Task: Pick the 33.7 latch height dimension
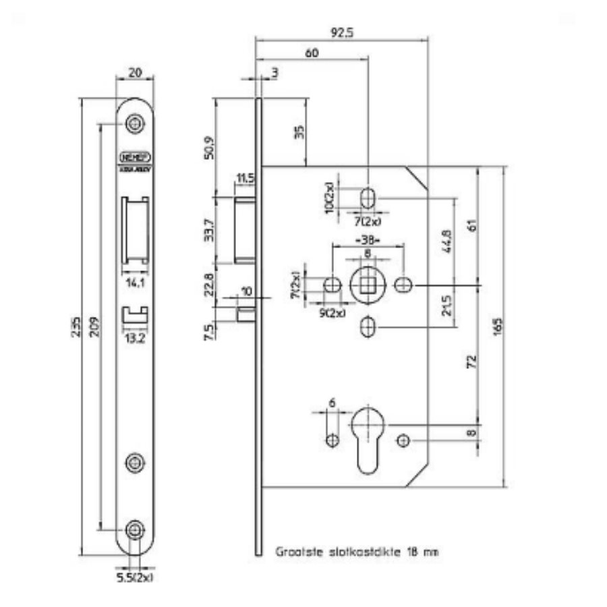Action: pyautogui.click(x=208, y=229)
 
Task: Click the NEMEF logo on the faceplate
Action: pyautogui.click(x=136, y=156)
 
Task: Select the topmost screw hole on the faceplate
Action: pyautogui.click(x=136, y=124)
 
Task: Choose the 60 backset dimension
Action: pyautogui.click(x=312, y=53)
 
